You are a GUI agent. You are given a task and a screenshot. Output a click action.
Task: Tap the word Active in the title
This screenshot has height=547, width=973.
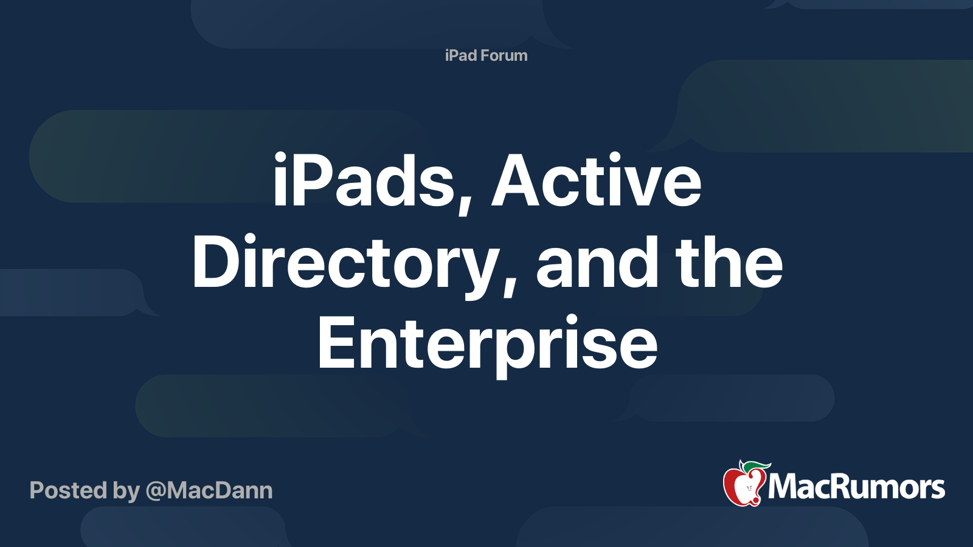[x=597, y=181]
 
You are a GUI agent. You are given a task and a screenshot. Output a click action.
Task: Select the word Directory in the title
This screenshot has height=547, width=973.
[x=344, y=263]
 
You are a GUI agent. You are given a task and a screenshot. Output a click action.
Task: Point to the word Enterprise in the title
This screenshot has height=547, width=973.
[x=487, y=344]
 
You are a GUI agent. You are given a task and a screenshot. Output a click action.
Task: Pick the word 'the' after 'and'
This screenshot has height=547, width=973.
[x=729, y=263]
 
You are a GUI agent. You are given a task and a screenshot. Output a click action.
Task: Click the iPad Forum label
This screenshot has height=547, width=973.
[x=486, y=55]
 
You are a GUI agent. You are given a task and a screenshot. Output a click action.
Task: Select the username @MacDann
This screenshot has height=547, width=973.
[x=209, y=490]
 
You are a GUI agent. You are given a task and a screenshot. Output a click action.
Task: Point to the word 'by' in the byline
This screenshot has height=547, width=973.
[x=126, y=491]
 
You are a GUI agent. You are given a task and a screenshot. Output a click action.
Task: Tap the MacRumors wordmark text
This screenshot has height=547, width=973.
[x=856, y=487]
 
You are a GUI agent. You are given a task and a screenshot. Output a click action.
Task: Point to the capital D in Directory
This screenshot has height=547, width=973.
[x=215, y=263]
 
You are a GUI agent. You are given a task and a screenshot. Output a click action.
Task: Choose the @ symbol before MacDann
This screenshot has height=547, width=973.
[x=156, y=491]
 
